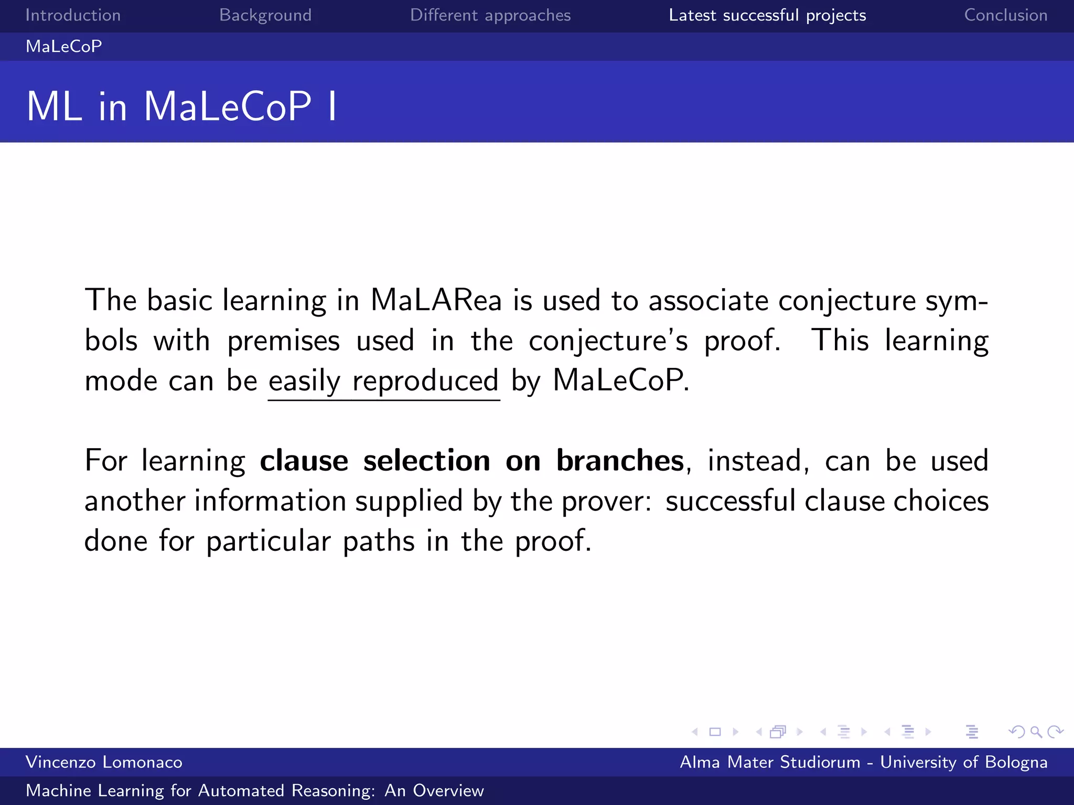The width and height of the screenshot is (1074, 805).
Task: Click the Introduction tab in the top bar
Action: pos(73,15)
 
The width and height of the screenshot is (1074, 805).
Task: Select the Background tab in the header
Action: pos(265,15)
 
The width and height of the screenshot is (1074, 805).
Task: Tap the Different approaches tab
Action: pos(490,15)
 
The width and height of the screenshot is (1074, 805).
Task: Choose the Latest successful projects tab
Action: pos(767,15)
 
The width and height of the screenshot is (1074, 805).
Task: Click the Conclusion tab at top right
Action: pos(1005,15)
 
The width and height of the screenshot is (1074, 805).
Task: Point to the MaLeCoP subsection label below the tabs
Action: pos(64,47)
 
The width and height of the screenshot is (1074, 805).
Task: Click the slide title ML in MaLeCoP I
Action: pos(181,106)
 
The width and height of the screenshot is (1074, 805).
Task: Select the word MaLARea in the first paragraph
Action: pos(436,301)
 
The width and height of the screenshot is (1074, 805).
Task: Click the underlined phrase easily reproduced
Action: pos(383,381)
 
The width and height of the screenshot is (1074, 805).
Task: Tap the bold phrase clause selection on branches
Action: pos(471,461)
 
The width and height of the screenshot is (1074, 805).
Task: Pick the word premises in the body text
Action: pos(283,341)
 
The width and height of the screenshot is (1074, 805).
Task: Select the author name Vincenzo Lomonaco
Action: pos(104,762)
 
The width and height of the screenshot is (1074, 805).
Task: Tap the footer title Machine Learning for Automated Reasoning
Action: pos(254,790)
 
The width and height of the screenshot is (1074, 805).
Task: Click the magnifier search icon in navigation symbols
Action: pos(1036,732)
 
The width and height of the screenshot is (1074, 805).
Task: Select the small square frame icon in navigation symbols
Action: pos(715,732)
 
